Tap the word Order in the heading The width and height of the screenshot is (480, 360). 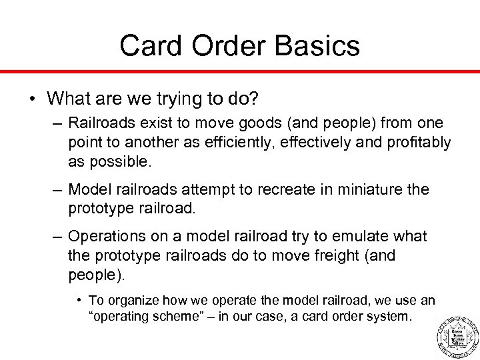(225, 46)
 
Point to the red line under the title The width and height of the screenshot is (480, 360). (240, 71)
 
